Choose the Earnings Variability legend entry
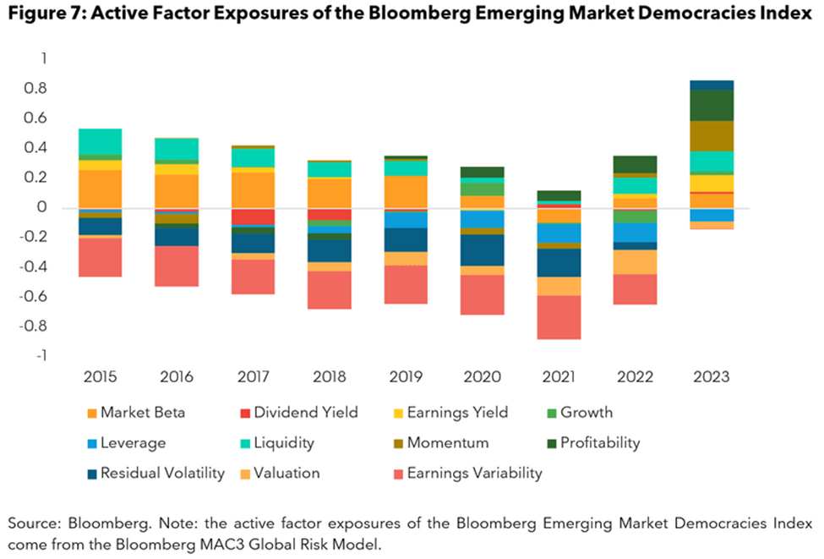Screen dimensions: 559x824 tap(474, 473)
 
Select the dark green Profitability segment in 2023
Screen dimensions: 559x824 tap(712, 105)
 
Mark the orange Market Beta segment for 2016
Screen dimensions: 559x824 tap(177, 191)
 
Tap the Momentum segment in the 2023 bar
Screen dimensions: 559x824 tap(712, 136)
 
